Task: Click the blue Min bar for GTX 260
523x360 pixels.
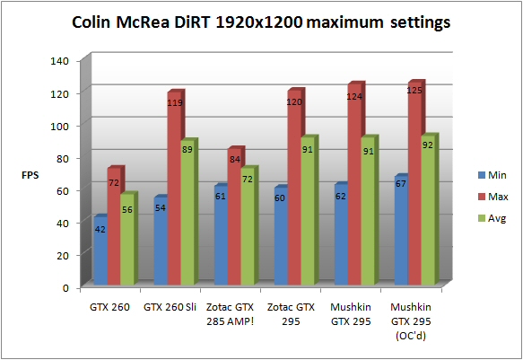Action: (100, 250)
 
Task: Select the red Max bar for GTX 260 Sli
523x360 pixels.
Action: (174, 189)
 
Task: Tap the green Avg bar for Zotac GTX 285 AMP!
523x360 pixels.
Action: (248, 227)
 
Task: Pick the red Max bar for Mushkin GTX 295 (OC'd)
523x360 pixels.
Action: (414, 184)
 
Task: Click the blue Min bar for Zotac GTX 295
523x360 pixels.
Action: (281, 236)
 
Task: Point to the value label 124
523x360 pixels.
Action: (354, 97)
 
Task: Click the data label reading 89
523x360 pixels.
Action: (187, 149)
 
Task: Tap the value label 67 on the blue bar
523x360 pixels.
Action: (400, 183)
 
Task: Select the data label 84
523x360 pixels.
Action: (235, 160)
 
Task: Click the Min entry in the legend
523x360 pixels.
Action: (492, 175)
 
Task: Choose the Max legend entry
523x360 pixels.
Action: (493, 197)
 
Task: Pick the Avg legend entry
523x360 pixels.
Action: (492, 218)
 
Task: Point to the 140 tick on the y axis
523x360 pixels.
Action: (60, 61)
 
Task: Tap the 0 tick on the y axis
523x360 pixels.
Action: (65, 288)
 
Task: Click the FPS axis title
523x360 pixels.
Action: (30, 175)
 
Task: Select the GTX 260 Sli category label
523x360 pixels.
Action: (170, 307)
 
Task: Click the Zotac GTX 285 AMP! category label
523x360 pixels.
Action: (231, 314)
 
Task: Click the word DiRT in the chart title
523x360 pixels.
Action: (193, 22)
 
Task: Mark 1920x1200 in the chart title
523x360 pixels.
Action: (259, 22)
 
